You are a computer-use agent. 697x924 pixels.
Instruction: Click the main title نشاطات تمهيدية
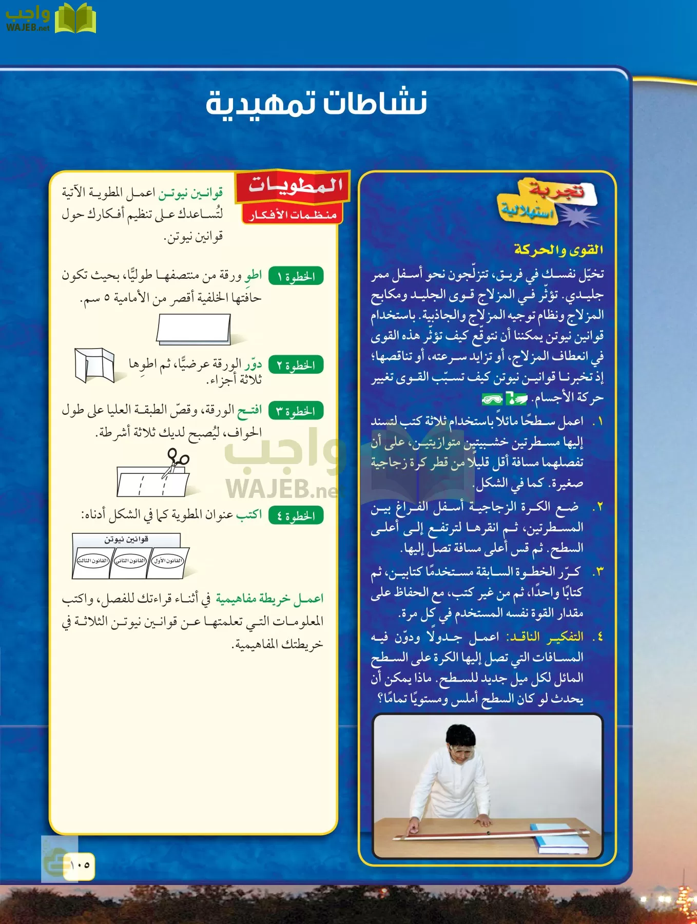(x=316, y=103)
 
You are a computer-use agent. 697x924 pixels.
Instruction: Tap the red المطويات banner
(x=294, y=186)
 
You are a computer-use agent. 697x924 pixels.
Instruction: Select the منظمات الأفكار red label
(x=293, y=215)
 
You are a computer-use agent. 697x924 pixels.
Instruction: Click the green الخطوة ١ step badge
(x=296, y=277)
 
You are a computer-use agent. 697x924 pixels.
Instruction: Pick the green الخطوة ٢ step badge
(x=296, y=365)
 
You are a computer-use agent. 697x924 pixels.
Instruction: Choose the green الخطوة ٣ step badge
(x=296, y=411)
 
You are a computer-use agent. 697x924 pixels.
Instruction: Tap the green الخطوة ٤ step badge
(x=296, y=515)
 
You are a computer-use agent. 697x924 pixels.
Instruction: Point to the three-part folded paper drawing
(x=94, y=365)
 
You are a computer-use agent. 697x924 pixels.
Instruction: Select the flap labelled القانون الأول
(x=168, y=561)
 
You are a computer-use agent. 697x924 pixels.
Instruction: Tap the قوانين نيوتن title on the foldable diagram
(x=126, y=540)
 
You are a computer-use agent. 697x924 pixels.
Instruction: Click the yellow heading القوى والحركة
(x=558, y=250)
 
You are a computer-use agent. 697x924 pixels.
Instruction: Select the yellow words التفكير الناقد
(x=545, y=637)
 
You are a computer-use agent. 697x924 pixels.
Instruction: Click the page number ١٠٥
(x=80, y=865)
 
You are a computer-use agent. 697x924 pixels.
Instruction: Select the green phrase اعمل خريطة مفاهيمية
(x=270, y=599)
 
